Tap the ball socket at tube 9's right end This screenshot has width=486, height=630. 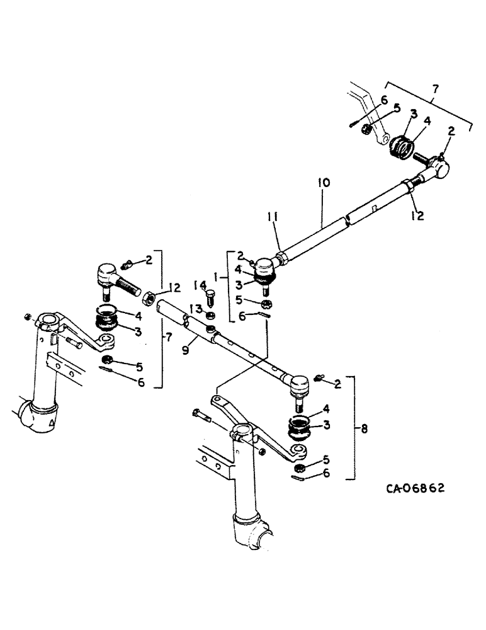(298, 381)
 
